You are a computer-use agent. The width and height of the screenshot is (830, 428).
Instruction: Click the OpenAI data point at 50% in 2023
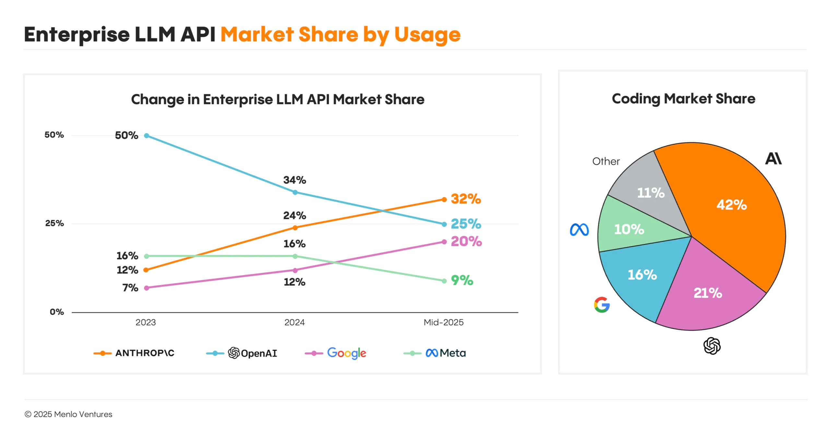pos(147,136)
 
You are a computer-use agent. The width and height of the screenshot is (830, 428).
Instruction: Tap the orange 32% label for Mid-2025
pos(466,199)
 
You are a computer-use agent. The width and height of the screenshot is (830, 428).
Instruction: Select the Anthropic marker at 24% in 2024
pos(295,228)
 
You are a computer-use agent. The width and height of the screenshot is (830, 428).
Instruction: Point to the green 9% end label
pos(462,280)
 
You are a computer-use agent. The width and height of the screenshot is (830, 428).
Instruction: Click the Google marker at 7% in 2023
pos(147,288)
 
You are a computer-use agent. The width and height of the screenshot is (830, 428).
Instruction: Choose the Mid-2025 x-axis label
pos(444,322)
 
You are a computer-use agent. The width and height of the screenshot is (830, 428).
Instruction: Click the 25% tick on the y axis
pos(54,223)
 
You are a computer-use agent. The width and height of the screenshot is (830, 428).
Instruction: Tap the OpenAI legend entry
pos(242,353)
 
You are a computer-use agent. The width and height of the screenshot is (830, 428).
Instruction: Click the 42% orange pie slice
pos(731,205)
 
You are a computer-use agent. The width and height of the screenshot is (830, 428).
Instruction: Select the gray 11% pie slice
pos(650,193)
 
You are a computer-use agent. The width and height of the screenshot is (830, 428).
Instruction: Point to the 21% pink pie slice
pos(707,293)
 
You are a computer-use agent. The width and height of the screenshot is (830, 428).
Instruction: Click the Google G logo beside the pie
pos(602,305)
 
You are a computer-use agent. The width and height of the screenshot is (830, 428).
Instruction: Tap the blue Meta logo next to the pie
pos(579,230)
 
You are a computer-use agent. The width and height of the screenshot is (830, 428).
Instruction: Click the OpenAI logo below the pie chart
pos(712,346)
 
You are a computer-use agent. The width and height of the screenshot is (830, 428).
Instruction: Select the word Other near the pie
pos(606,161)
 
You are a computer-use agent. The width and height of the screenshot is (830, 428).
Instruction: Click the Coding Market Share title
pos(683,99)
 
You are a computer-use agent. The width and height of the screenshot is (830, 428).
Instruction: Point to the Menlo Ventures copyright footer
pos(68,414)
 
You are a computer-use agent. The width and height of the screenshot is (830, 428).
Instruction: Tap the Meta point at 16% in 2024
pos(295,256)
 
